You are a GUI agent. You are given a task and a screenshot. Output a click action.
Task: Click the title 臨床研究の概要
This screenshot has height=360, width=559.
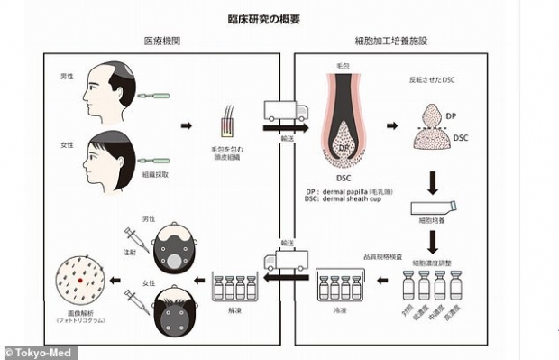(279, 16)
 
